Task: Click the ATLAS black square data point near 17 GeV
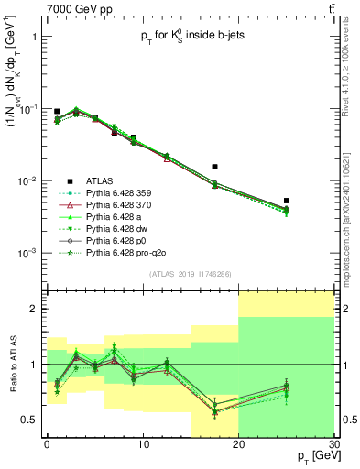214,167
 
